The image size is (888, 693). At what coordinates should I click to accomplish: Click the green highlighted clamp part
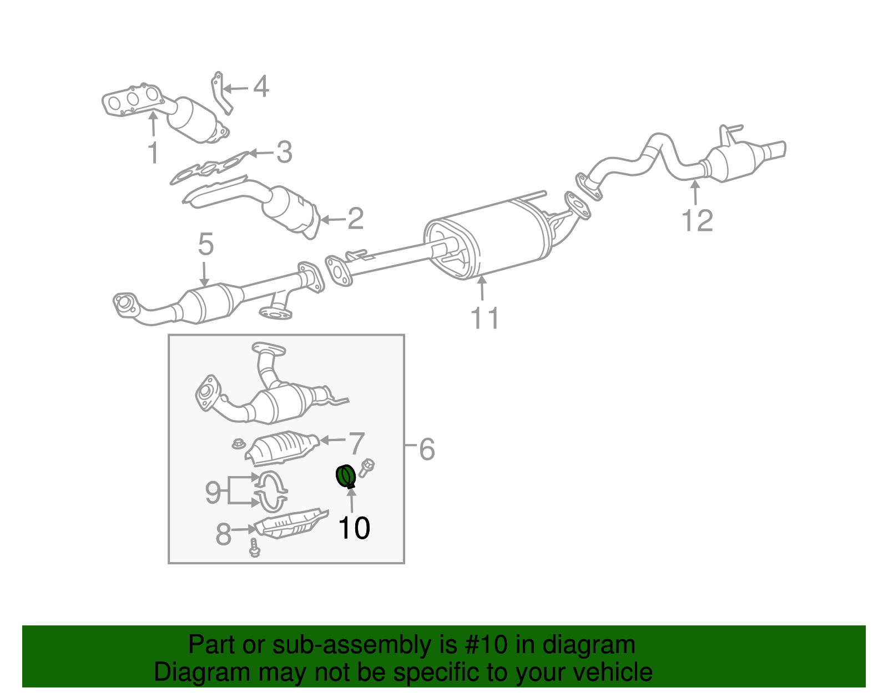[x=346, y=477]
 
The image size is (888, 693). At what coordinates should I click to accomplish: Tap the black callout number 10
[x=354, y=528]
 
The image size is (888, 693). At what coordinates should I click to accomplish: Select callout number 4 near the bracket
[x=261, y=87]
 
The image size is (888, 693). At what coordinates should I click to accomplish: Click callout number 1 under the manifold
[x=153, y=153]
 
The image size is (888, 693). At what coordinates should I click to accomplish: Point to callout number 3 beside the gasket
[x=284, y=152]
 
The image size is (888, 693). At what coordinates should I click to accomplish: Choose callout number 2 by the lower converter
[x=355, y=219]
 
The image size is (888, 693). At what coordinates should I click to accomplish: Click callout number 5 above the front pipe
[x=205, y=244]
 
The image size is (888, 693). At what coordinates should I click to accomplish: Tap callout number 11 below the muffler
[x=485, y=318]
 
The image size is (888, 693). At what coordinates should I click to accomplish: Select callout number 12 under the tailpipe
[x=697, y=221]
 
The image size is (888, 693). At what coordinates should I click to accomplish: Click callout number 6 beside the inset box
[x=426, y=449]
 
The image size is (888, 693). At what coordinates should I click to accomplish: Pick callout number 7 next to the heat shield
[x=356, y=443]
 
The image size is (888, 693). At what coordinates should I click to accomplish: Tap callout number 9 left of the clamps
[x=213, y=492]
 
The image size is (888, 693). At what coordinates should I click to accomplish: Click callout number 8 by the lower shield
[x=223, y=534]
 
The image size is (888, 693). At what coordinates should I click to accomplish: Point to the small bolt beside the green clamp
[x=367, y=467]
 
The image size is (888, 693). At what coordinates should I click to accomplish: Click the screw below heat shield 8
[x=255, y=548]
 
